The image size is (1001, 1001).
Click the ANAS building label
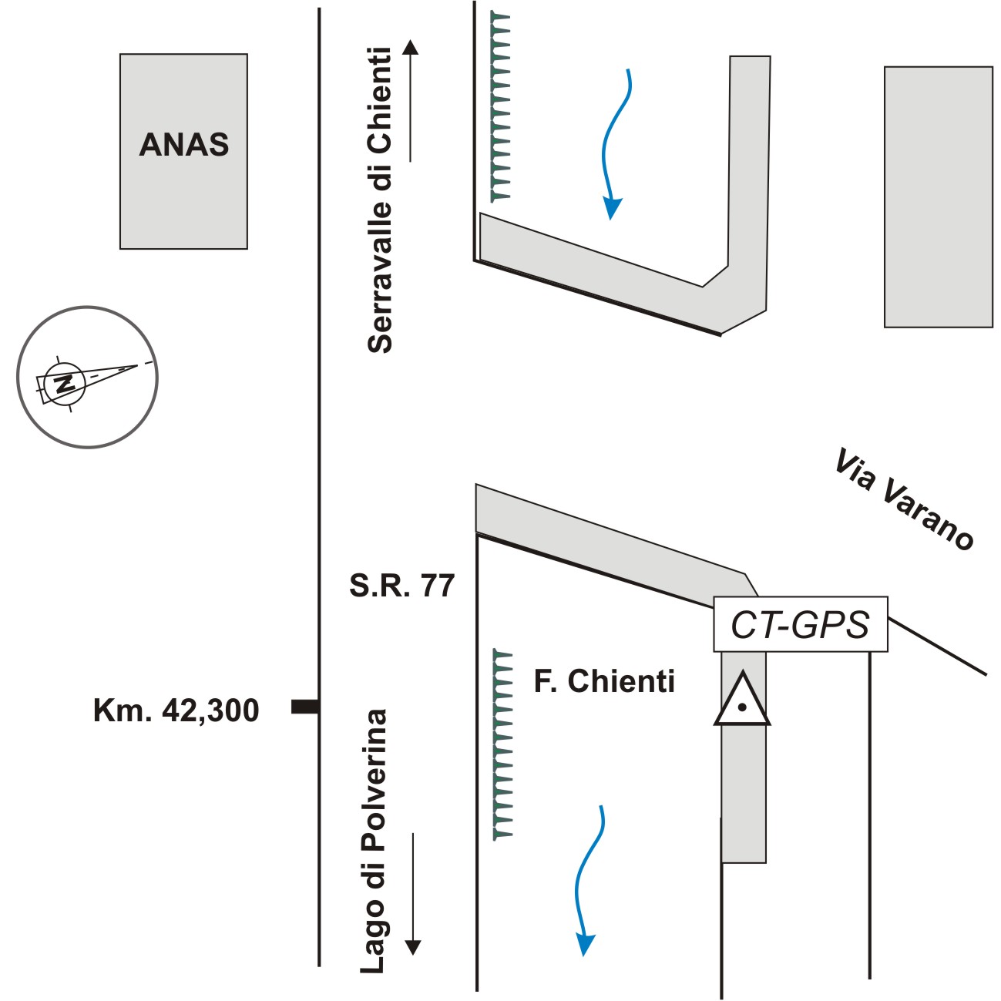[x=184, y=145]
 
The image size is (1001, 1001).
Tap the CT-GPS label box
[x=800, y=624]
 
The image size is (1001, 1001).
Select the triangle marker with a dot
[x=741, y=701]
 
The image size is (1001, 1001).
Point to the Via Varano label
[x=903, y=499]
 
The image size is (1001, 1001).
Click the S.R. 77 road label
[x=401, y=586]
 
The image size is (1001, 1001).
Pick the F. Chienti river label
[x=604, y=681]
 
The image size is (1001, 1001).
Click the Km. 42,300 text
[x=176, y=710]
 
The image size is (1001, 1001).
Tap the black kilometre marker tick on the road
[x=305, y=707]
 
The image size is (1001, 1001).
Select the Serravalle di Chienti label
[x=380, y=200]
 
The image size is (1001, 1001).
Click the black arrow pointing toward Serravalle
[x=411, y=100]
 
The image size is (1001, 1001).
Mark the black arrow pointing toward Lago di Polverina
[x=413, y=894]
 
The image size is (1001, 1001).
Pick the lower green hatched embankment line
[x=502, y=744]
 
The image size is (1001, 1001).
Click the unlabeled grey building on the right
[x=938, y=197]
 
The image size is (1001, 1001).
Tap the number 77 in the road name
[x=438, y=586]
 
